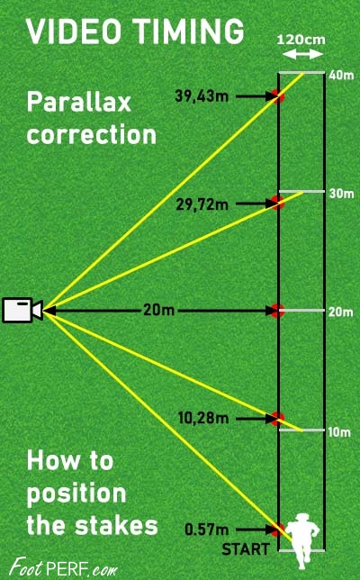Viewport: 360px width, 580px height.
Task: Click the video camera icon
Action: pyautogui.click(x=22, y=310)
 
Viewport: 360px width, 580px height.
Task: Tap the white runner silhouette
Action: pyautogui.click(x=302, y=540)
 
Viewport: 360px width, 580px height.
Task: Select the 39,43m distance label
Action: pyautogui.click(x=202, y=96)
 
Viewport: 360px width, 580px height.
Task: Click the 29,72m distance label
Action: pyautogui.click(x=202, y=204)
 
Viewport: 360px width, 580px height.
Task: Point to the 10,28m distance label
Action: pyautogui.click(x=203, y=419)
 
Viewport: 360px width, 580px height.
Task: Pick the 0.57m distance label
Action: pyautogui.click(x=207, y=530)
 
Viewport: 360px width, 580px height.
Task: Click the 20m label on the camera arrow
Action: pyautogui.click(x=158, y=310)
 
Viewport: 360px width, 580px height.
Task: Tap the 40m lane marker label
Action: pyautogui.click(x=341, y=75)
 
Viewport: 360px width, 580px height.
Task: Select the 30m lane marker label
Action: pyautogui.click(x=341, y=193)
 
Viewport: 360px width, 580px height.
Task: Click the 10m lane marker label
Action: pyautogui.click(x=339, y=431)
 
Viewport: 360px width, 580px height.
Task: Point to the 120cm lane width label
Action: pyautogui.click(x=301, y=40)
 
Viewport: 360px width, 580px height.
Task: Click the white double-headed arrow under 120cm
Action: pyautogui.click(x=303, y=55)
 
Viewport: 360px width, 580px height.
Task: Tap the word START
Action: pyautogui.click(x=246, y=549)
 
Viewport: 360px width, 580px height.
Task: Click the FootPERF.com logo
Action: pyautogui.click(x=63, y=567)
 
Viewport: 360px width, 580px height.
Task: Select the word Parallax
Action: pyautogui.click(x=79, y=102)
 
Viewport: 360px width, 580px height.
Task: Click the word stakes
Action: pyautogui.click(x=116, y=525)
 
